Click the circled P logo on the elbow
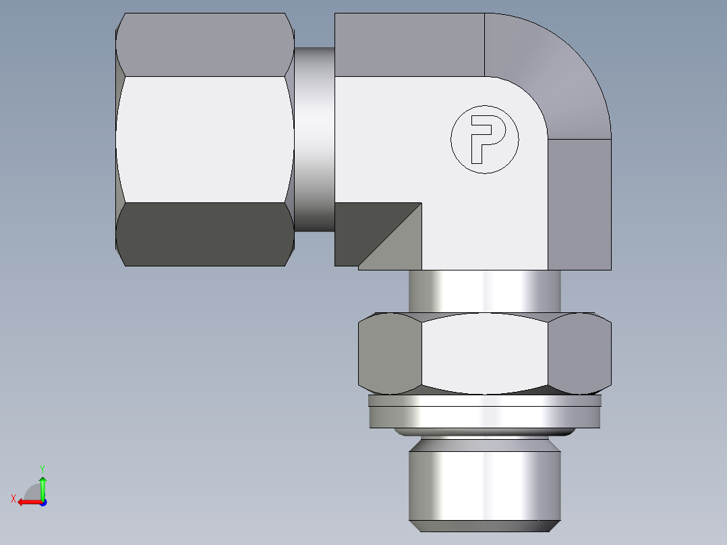point(485,140)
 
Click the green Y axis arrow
point(42,484)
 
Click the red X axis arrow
point(27,502)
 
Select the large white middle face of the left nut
point(205,139)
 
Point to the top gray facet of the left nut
point(205,45)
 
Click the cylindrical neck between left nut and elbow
point(314,139)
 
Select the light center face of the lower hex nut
point(484,353)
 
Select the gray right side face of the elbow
point(579,202)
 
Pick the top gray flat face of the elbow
point(409,45)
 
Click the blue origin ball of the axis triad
point(42,503)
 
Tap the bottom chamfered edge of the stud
point(484,526)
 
